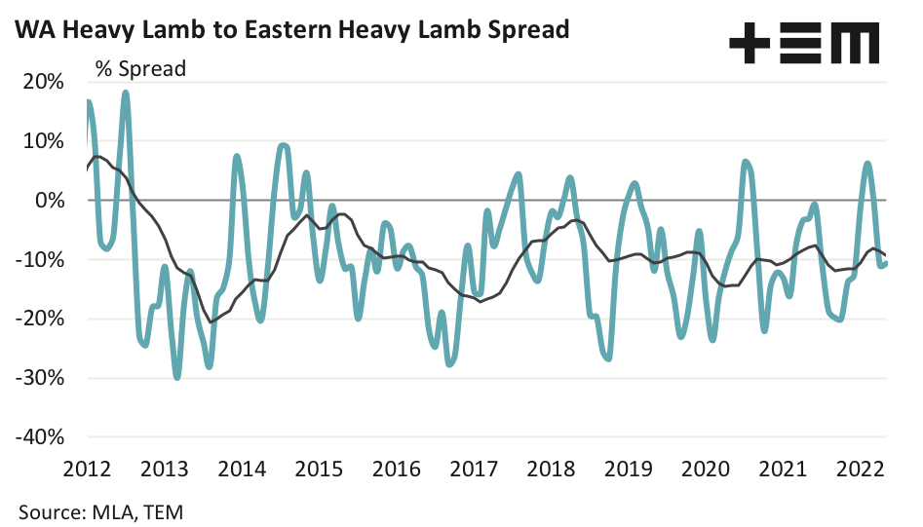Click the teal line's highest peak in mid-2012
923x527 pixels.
tap(126, 94)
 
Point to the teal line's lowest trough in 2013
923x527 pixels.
tap(176, 376)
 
